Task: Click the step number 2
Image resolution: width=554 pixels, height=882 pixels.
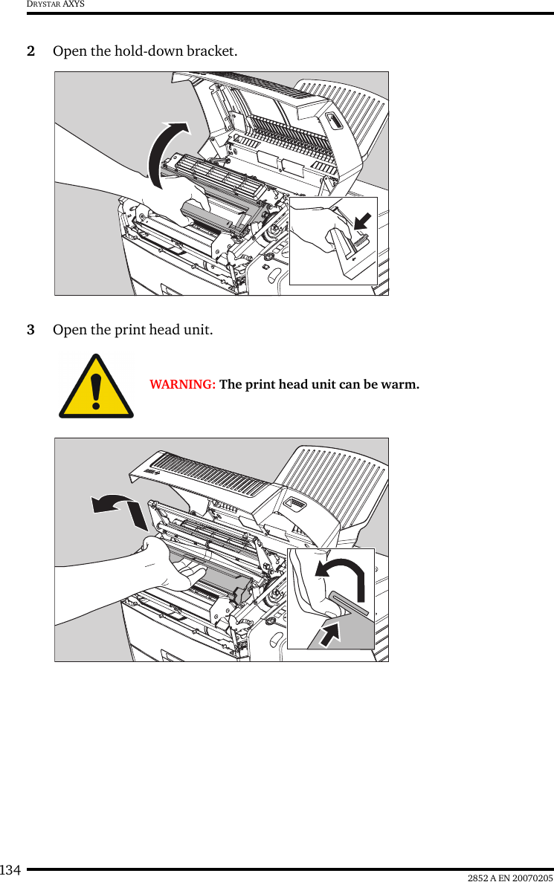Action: point(30,52)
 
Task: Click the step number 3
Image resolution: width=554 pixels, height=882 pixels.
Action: point(30,329)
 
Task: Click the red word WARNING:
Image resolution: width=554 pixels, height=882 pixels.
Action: point(183,385)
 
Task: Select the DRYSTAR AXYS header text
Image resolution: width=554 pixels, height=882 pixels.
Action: point(56,4)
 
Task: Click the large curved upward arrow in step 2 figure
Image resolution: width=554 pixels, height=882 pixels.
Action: point(167,152)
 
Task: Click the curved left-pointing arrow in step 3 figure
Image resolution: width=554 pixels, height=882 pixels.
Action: point(117,510)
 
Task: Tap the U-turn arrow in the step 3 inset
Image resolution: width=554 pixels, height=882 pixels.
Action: point(341,577)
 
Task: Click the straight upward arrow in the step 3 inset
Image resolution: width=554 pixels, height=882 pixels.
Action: point(331,632)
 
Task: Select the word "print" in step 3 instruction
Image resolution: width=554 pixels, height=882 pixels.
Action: point(128,329)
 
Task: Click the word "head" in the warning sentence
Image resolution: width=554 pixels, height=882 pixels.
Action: point(286,385)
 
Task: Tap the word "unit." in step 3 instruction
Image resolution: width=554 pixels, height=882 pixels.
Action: point(197,329)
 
